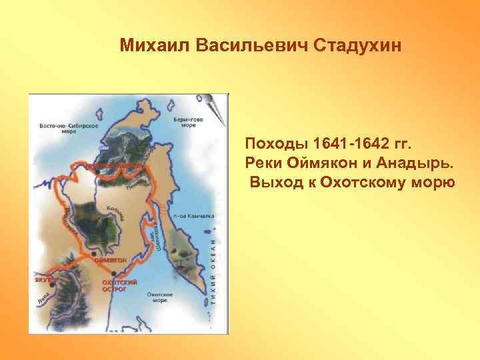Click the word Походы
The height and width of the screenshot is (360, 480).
click(273, 143)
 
